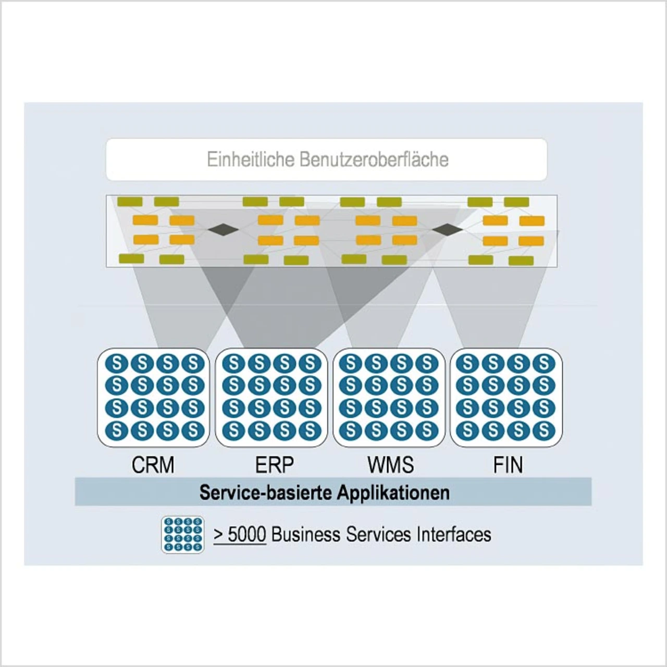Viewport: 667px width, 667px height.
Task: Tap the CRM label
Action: [x=153, y=465]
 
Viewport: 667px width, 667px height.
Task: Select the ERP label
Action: [x=274, y=465]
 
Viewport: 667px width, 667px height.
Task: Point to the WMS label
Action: [x=390, y=465]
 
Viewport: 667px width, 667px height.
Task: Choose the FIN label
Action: [x=508, y=465]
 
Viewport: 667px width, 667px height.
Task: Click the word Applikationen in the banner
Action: [x=393, y=492]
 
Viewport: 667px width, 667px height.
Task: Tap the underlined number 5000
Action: [x=246, y=534]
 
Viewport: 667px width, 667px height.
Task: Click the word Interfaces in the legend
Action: [x=453, y=534]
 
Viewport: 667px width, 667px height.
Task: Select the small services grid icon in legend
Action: [x=182, y=534]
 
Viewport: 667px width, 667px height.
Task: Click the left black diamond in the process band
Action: [x=223, y=229]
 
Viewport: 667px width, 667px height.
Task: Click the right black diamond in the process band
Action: [x=447, y=229]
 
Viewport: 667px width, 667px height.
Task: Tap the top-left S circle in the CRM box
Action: [x=117, y=363]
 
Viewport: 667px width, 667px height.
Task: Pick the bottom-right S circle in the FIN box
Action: [x=544, y=430]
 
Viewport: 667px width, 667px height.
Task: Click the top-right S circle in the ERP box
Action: [x=310, y=363]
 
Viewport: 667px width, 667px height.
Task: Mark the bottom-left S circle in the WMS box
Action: [x=351, y=430]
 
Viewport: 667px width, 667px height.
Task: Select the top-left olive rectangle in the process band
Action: [x=130, y=202]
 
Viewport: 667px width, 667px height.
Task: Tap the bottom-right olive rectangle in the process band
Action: [x=521, y=261]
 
